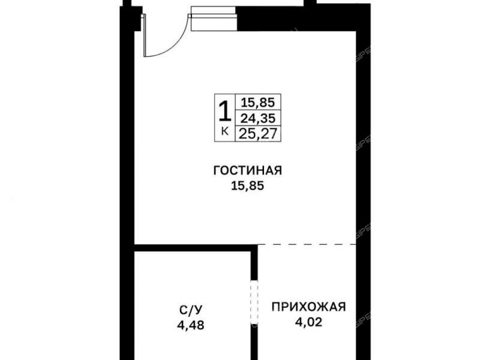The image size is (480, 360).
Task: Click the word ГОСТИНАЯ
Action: pos(247,170)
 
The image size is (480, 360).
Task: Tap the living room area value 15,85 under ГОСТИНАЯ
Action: pos(247,186)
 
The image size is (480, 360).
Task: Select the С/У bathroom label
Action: pos(190,310)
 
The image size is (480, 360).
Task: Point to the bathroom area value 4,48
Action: pos(190,325)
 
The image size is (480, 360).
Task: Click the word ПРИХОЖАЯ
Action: pos(308,307)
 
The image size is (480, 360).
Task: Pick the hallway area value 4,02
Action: pos(308,322)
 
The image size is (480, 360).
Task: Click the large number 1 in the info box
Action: pos(224,112)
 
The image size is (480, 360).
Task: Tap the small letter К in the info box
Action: pos(224,131)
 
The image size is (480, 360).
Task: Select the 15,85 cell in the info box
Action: pos(258,102)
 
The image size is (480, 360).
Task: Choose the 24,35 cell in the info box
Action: pos(258,118)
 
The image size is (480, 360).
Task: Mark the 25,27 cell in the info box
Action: pos(258,133)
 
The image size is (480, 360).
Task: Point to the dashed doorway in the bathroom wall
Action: pos(254,302)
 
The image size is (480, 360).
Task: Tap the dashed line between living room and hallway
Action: pos(307,244)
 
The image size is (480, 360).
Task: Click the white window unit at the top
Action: pos(214,19)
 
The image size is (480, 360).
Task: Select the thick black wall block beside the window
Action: pos(303,18)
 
